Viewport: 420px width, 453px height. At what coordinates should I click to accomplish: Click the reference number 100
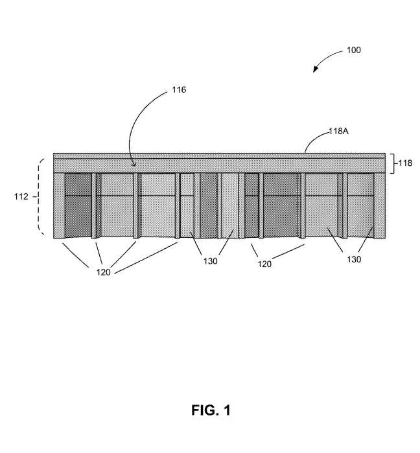[x=353, y=50]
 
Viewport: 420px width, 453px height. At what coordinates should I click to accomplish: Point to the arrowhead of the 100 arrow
[x=316, y=69]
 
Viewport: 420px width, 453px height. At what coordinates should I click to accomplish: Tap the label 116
[x=179, y=90]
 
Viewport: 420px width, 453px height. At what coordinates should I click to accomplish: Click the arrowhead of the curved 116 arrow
[x=134, y=165]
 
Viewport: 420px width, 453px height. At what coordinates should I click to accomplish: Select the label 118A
[x=338, y=132]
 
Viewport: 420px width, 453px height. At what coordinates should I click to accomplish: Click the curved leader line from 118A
[x=315, y=137]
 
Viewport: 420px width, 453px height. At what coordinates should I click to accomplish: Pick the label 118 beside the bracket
[x=405, y=163]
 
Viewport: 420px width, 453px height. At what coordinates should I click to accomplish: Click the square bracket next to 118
[x=393, y=163]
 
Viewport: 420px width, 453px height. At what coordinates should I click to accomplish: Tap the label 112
[x=21, y=197]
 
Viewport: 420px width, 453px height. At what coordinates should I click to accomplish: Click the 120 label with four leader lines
[x=103, y=272]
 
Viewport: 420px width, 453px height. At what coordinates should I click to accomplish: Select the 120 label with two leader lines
[x=264, y=264]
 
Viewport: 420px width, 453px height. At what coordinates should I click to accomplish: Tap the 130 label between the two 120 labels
[x=210, y=261]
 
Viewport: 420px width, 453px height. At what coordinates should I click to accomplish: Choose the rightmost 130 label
[x=354, y=259]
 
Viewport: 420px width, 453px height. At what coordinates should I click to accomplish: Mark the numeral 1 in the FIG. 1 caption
[x=227, y=410]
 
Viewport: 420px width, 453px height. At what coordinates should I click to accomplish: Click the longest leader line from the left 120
[x=146, y=258]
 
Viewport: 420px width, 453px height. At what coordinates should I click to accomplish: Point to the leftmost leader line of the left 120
[x=75, y=255]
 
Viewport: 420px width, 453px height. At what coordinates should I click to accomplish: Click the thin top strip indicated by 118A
[x=219, y=156]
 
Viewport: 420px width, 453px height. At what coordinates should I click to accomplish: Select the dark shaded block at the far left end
[x=78, y=205]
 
